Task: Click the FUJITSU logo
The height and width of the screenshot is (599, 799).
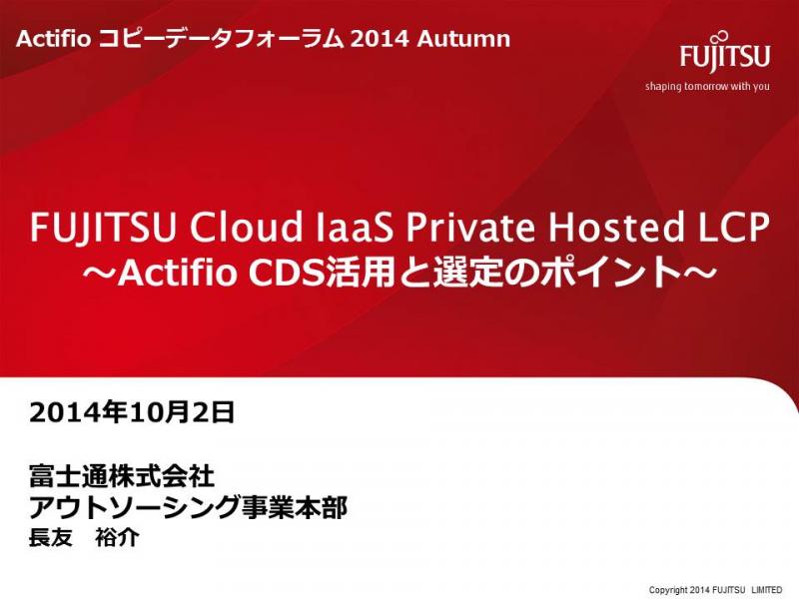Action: pos(724,53)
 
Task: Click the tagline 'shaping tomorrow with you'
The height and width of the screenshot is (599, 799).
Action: pos(707,86)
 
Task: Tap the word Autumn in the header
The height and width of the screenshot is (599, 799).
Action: pos(463,39)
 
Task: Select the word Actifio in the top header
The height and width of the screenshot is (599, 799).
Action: pos(53,39)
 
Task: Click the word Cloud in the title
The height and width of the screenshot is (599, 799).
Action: pos(246,228)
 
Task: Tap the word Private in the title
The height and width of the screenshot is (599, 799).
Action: pos(470,228)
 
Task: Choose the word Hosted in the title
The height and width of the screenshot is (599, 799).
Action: pos(615,228)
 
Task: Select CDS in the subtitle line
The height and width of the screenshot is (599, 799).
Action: pos(287,273)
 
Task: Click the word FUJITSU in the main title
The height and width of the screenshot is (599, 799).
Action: pos(104,228)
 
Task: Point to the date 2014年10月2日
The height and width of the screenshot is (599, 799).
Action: pos(132,412)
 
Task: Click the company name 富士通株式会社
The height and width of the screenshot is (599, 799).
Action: pos(122,476)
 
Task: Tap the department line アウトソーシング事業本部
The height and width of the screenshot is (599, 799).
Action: pos(188,507)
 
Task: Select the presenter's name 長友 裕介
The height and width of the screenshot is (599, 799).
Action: pos(84,537)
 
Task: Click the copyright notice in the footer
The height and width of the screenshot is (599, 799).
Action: pos(715,590)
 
